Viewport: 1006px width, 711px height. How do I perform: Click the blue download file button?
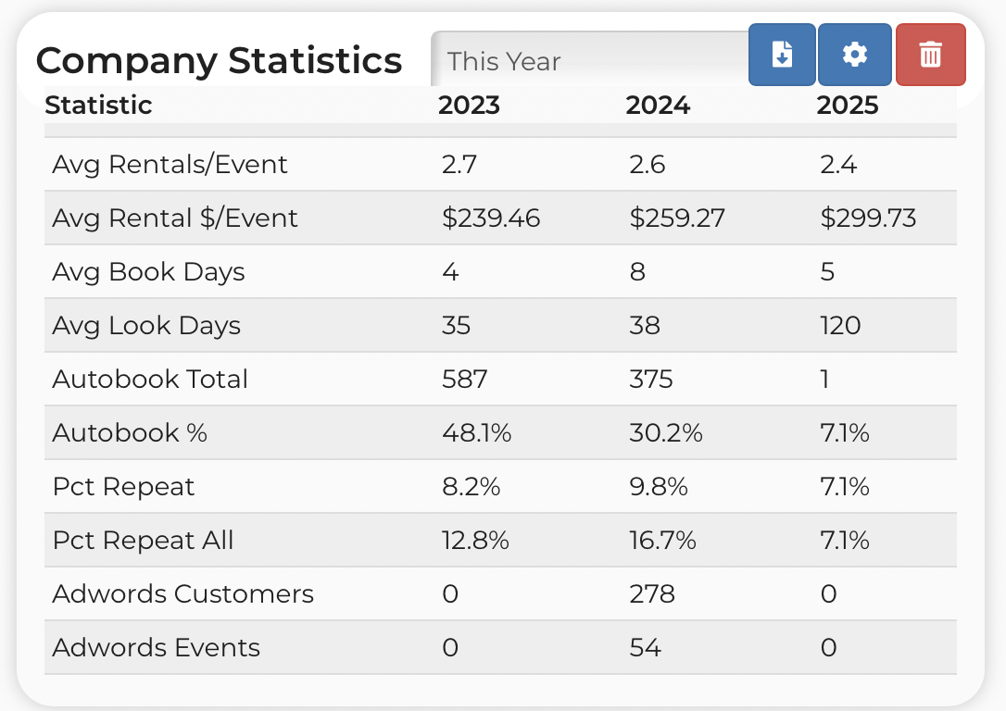pos(782,55)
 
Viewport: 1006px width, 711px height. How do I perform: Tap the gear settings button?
pos(855,55)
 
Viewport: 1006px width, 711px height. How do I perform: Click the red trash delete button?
pos(930,55)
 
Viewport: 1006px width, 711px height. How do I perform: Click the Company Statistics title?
pos(219,60)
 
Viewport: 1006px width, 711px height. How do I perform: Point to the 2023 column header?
pos(469,106)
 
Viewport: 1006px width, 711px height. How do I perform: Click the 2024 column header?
pos(658,106)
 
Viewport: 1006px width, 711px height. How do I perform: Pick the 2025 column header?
pos(847,106)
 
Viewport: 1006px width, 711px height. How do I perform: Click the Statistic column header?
pos(98,106)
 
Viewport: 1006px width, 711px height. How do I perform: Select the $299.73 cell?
pos(868,218)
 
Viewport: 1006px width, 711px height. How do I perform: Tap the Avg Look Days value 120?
pos(840,326)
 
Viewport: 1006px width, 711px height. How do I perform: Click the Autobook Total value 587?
pos(464,380)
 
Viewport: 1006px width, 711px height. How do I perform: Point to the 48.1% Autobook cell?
pos(476,433)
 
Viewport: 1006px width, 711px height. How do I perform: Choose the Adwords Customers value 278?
pos(652,594)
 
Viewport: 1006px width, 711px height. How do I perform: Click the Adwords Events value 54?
pos(645,648)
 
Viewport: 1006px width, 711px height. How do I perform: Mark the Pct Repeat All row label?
pos(143,541)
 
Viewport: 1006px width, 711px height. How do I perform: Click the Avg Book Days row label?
pos(148,272)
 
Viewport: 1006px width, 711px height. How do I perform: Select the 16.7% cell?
pos(662,541)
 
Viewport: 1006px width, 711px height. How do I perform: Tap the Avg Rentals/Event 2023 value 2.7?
pos(459,165)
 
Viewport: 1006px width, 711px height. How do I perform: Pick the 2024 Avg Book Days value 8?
pos(637,272)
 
